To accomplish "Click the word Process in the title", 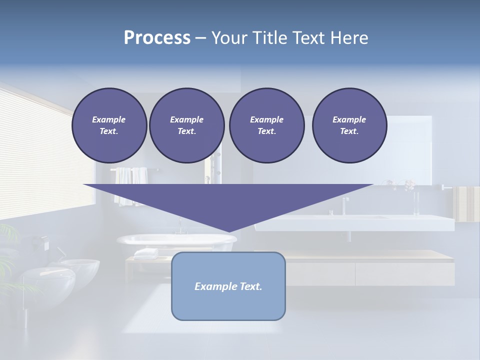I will pyautogui.click(x=157, y=38).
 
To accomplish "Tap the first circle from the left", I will pyautogui.click(x=109, y=125).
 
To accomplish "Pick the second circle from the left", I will pyautogui.click(x=186, y=125).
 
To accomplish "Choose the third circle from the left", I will pyautogui.click(x=266, y=125).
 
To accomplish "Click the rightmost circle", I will pyautogui.click(x=349, y=125).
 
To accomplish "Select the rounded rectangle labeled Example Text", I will pyautogui.click(x=228, y=286).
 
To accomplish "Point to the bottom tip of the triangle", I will pyautogui.click(x=228, y=232).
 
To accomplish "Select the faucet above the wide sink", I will pyautogui.click(x=345, y=205).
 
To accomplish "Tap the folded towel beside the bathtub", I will pyautogui.click(x=146, y=253).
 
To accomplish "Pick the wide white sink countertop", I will pyautogui.click(x=355, y=223).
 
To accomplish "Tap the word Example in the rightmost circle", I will pyautogui.click(x=349, y=119).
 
